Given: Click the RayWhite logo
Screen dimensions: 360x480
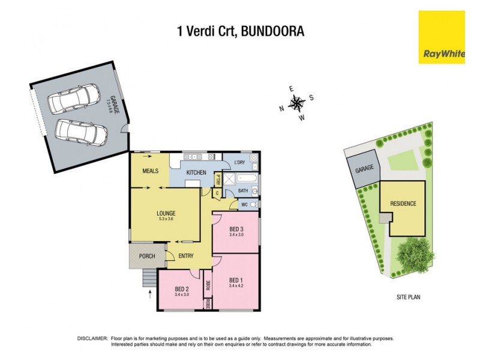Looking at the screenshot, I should pyautogui.click(x=444, y=37).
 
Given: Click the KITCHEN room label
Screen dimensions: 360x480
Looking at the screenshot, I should pyautogui.click(x=196, y=173).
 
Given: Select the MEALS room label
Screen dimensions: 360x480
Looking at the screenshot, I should pyautogui.click(x=150, y=171).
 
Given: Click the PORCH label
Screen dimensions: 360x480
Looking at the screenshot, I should pyautogui.click(x=147, y=256).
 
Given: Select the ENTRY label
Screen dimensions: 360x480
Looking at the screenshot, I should pyautogui.click(x=186, y=256).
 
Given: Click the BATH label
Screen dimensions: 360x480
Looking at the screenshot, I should pyautogui.click(x=243, y=191).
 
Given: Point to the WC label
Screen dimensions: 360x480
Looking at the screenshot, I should pyautogui.click(x=245, y=205).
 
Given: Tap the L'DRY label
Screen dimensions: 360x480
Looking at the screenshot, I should pyautogui.click(x=239, y=163).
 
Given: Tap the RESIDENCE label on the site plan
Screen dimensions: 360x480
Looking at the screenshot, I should pyautogui.click(x=403, y=203).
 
